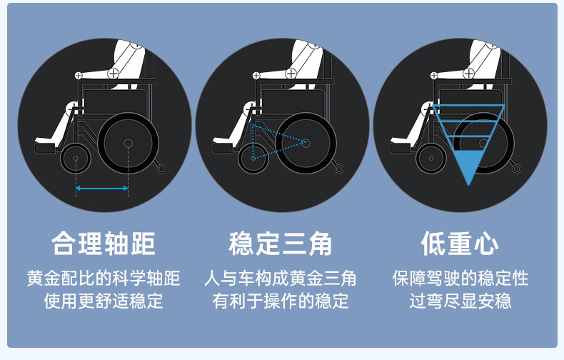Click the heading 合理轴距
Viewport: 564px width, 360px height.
point(104,244)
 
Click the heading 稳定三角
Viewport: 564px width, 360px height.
point(281,244)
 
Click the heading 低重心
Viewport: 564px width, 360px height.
point(460,244)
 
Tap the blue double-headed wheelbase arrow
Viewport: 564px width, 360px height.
point(103,189)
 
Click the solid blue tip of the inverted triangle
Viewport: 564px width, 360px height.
point(468,169)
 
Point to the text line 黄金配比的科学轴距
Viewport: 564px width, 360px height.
point(104,278)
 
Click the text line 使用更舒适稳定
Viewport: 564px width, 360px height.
point(104,301)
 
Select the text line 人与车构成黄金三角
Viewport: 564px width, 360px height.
point(281,278)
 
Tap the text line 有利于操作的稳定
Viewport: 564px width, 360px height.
point(281,301)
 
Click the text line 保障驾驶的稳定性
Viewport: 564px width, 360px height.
point(460,278)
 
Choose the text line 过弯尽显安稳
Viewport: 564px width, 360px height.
point(460,301)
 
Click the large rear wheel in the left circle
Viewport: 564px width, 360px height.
point(129,144)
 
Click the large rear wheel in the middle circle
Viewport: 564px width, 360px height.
point(306,144)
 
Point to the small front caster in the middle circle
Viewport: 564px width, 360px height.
point(253,159)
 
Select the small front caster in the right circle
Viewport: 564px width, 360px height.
point(431,159)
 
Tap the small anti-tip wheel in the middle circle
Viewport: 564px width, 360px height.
point(339,169)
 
